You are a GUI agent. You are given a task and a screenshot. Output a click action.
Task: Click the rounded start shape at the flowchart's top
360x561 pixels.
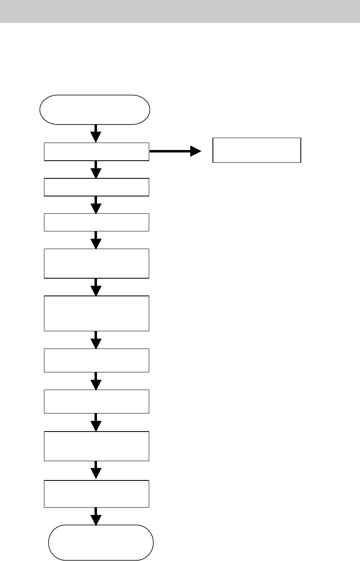pyautogui.click(x=95, y=110)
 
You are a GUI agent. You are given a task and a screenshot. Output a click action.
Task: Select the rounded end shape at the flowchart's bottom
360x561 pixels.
pyautogui.click(x=101, y=542)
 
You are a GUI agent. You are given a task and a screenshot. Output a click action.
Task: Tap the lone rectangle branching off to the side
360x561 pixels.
pyautogui.click(x=256, y=150)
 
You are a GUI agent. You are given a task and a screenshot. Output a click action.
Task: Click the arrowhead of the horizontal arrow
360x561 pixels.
pyautogui.click(x=196, y=152)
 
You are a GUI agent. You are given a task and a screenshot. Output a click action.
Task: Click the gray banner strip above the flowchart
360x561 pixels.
pyautogui.click(x=180, y=11)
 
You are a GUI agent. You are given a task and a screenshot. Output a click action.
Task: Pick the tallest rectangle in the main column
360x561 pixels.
pyautogui.click(x=97, y=313)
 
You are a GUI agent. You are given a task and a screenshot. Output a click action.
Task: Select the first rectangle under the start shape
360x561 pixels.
pyautogui.click(x=97, y=152)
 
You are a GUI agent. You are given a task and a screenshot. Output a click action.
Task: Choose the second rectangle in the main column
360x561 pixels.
pyautogui.click(x=97, y=187)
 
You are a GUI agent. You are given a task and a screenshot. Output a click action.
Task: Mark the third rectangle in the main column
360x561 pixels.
pyautogui.click(x=97, y=222)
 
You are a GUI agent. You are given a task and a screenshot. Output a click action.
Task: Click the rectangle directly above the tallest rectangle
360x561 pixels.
pyautogui.click(x=97, y=263)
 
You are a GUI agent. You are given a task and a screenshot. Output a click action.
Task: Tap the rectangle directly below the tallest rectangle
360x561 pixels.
pyautogui.click(x=97, y=360)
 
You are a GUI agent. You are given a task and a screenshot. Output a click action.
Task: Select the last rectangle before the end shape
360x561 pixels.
pyautogui.click(x=97, y=494)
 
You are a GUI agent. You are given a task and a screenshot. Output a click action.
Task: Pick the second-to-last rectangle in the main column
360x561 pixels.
pyautogui.click(x=97, y=446)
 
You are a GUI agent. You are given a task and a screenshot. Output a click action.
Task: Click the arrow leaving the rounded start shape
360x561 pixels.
pyautogui.click(x=96, y=134)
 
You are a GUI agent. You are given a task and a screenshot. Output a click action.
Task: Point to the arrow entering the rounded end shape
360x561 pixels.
pyautogui.click(x=96, y=516)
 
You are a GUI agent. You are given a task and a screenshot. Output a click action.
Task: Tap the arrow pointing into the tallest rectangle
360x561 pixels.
pyautogui.click(x=96, y=287)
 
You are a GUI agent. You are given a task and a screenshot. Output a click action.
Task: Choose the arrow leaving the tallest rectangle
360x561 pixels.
pyautogui.click(x=96, y=340)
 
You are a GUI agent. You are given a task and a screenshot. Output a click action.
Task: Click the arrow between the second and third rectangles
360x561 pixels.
pyautogui.click(x=96, y=204)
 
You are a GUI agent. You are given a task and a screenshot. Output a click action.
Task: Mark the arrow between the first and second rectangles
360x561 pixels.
pyautogui.click(x=96, y=169)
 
